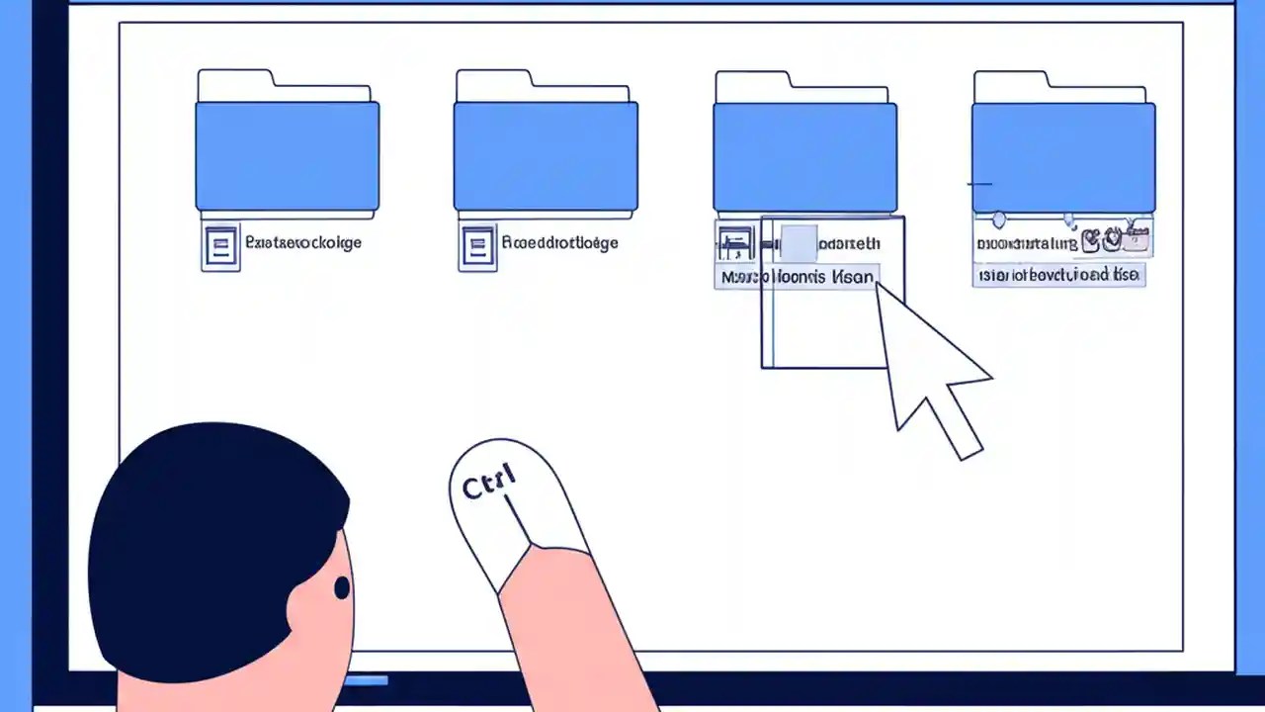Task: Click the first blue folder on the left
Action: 287,155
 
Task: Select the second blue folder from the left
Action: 546,155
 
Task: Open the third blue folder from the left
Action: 804,155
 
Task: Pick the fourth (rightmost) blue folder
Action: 1063,155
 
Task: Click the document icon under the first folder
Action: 220,246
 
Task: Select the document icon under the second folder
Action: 478,246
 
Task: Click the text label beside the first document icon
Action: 302,242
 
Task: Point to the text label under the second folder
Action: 559,242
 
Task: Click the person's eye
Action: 342,588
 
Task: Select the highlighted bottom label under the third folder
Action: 797,277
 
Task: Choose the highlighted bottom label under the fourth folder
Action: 1057,275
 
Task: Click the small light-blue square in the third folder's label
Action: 799,242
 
